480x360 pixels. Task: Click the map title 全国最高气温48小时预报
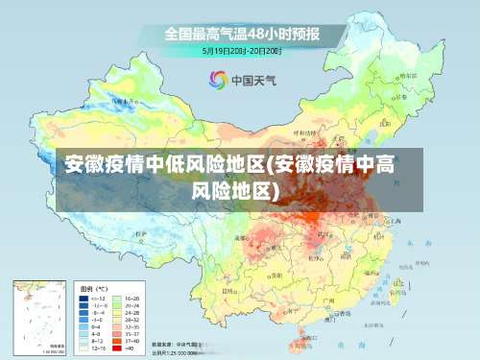tap(240, 34)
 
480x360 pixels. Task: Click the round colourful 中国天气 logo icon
tap(218, 80)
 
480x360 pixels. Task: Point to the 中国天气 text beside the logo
tap(252, 81)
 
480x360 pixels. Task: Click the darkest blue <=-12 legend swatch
tap(85, 299)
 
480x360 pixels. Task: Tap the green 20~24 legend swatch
tap(118, 306)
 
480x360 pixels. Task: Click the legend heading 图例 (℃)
tap(93, 288)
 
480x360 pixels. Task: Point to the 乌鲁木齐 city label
tap(122, 100)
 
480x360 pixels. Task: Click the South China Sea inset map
tap(39, 317)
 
